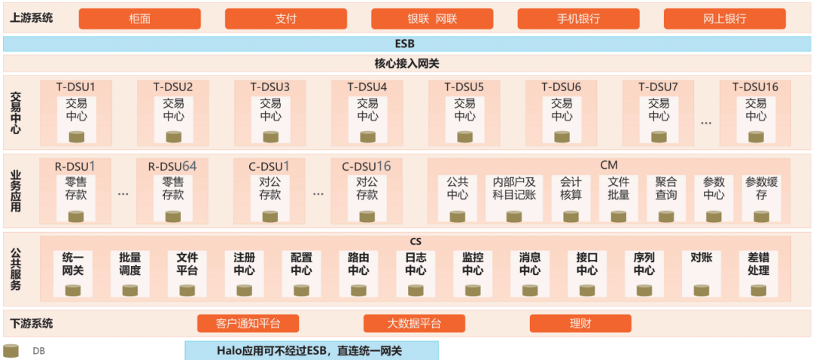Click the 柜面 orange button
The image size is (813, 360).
[139, 19]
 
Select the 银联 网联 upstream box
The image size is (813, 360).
[432, 19]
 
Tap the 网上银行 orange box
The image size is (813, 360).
[724, 19]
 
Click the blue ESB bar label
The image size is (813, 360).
[406, 44]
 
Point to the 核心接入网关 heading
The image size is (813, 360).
[406, 63]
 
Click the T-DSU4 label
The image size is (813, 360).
[367, 87]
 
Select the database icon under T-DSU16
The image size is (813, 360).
[756, 136]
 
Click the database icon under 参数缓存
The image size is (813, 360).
[762, 217]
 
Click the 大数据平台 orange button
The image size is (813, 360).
[414, 324]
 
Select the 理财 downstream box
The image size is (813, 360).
[580, 324]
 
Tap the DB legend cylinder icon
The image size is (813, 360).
[11, 351]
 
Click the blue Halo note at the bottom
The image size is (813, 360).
[312, 351]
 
